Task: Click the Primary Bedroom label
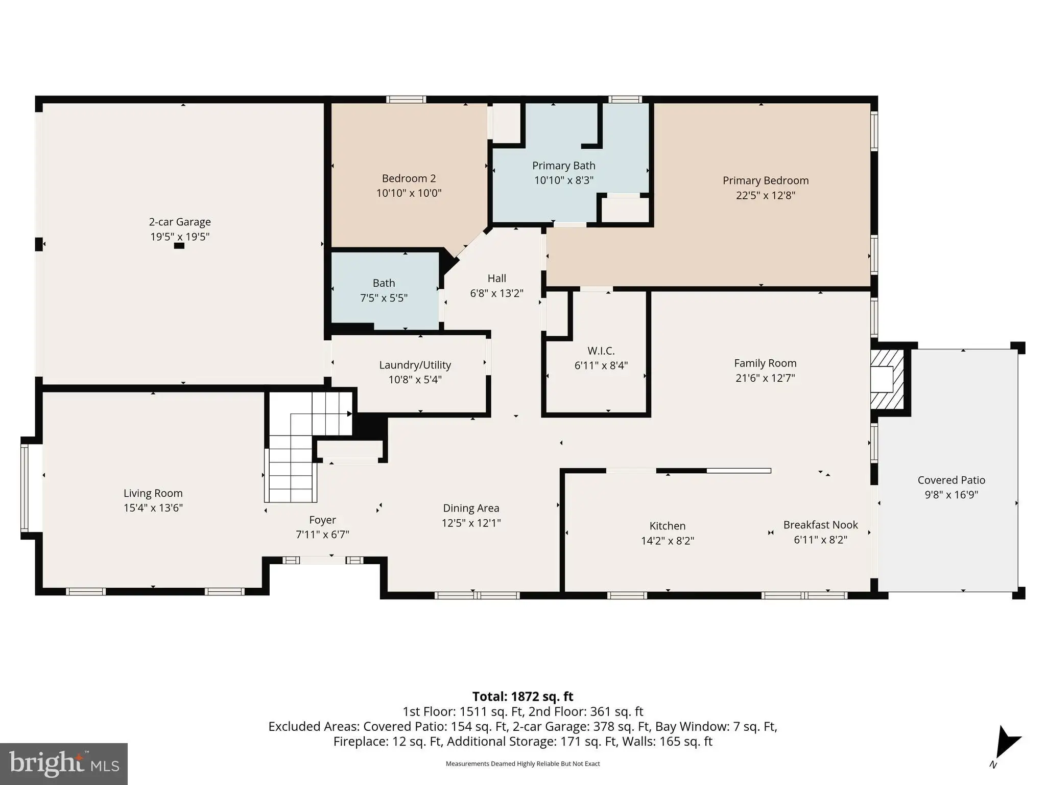[765, 180]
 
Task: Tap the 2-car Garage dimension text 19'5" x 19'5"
[180, 237]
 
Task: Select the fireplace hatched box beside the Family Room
[887, 379]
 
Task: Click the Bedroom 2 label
[409, 178]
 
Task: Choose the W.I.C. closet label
[601, 351]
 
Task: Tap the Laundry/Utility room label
[415, 365]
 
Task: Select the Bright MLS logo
[64, 764]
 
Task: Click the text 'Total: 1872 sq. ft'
[522, 697]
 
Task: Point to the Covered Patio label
[951, 480]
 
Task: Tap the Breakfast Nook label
[820, 525]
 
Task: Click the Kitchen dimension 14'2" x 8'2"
[668, 541]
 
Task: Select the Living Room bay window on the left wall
[25, 488]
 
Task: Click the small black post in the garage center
[179, 246]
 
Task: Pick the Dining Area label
[471, 508]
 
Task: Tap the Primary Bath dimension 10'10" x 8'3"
[564, 180]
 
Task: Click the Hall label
[496, 279]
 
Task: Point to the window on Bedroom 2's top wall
[406, 100]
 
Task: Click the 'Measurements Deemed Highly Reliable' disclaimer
[522, 764]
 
